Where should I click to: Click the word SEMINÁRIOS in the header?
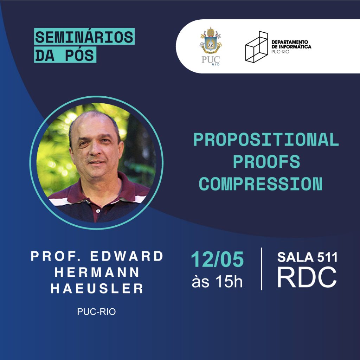(x=84, y=37)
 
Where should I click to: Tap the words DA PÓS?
(x=65, y=55)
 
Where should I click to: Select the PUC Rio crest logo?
(x=211, y=46)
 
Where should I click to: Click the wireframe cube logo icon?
(x=256, y=47)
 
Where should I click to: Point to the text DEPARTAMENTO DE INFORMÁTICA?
(x=291, y=44)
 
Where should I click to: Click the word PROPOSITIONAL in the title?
(x=266, y=140)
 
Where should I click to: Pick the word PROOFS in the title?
(x=266, y=162)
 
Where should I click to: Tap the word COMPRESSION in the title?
(x=261, y=184)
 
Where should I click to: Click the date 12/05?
(x=217, y=259)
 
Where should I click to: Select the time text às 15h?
(x=217, y=281)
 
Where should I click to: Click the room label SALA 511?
(x=307, y=257)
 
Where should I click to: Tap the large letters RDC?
(x=307, y=277)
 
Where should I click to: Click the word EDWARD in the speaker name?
(x=127, y=256)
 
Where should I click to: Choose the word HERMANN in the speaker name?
(x=97, y=272)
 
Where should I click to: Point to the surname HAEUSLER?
(x=97, y=288)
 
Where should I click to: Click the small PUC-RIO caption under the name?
(x=96, y=311)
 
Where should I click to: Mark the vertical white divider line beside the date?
(x=262, y=269)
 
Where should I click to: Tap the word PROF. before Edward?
(x=56, y=256)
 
